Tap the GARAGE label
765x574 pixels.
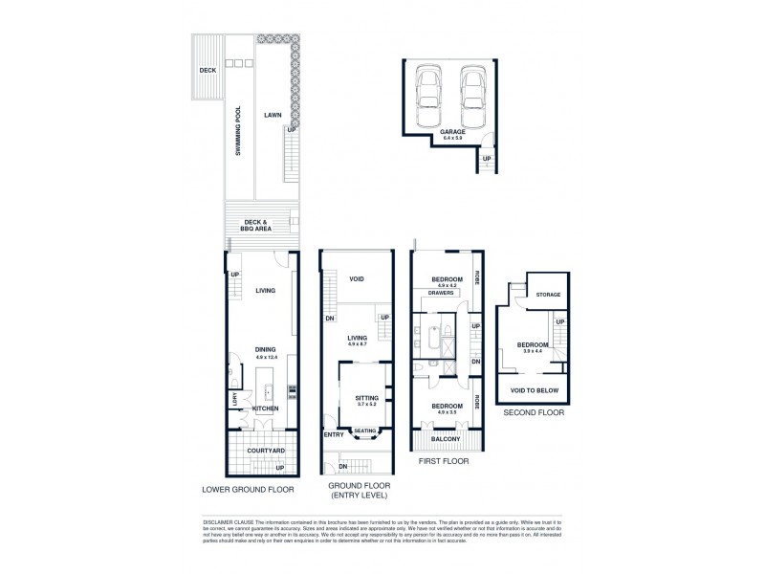point(452,132)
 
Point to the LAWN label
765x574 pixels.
point(273,115)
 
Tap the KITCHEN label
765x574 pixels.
point(265,408)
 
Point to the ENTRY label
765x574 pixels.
point(333,434)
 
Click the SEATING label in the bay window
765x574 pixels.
point(365,430)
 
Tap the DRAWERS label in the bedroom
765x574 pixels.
point(441,293)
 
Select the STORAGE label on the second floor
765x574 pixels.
point(548,295)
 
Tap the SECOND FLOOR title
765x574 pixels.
point(534,413)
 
